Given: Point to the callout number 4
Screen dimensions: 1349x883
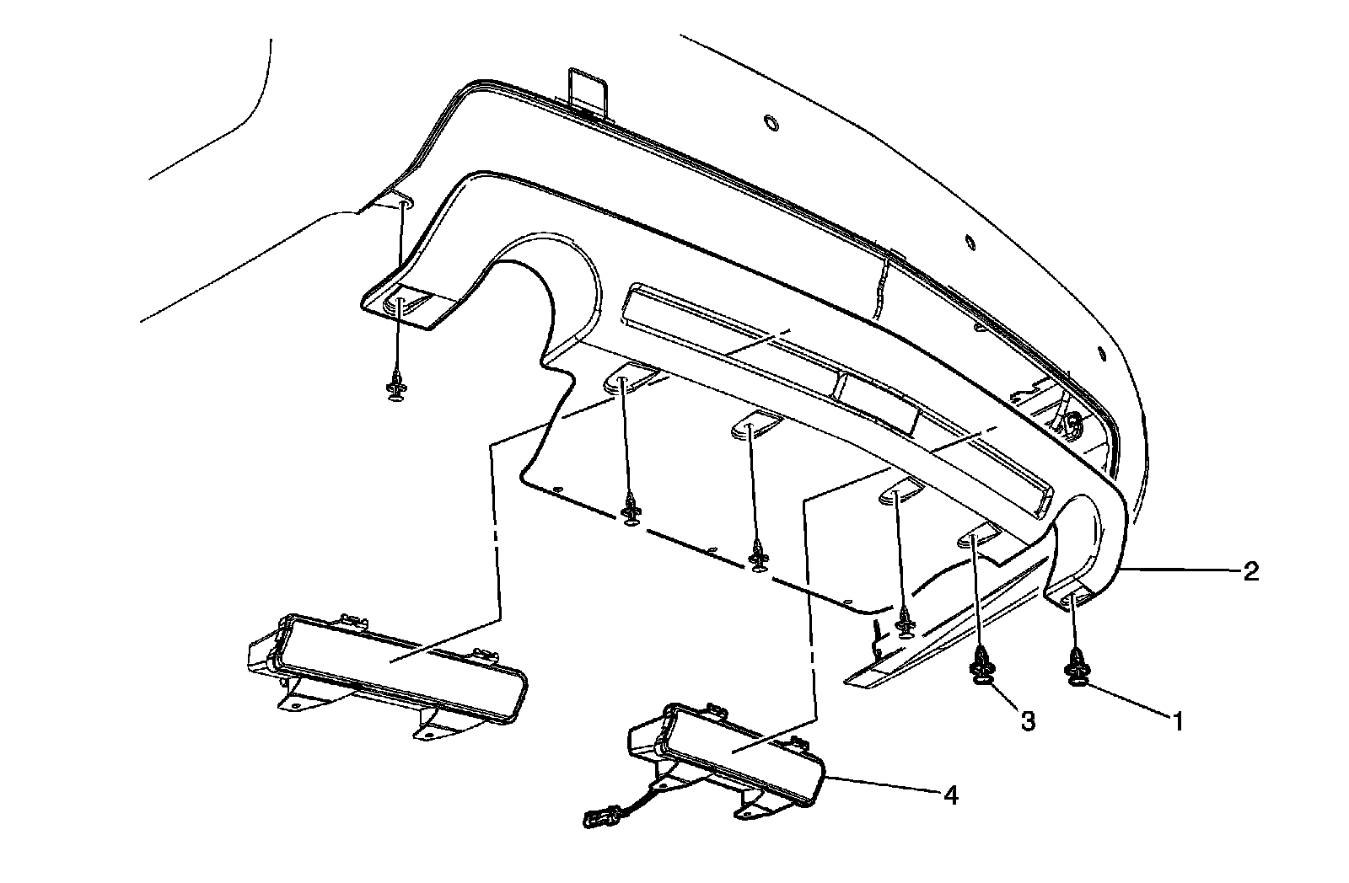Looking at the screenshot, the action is pyautogui.click(x=950, y=795).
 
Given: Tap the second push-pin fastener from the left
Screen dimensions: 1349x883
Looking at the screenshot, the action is pyautogui.click(x=630, y=511).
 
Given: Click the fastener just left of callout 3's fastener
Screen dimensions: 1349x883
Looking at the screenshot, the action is pyautogui.click(x=905, y=624).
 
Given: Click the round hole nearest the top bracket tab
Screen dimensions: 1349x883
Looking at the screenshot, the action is pyautogui.click(x=770, y=123).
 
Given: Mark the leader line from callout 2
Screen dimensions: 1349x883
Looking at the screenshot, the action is pyautogui.click(x=1180, y=571).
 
